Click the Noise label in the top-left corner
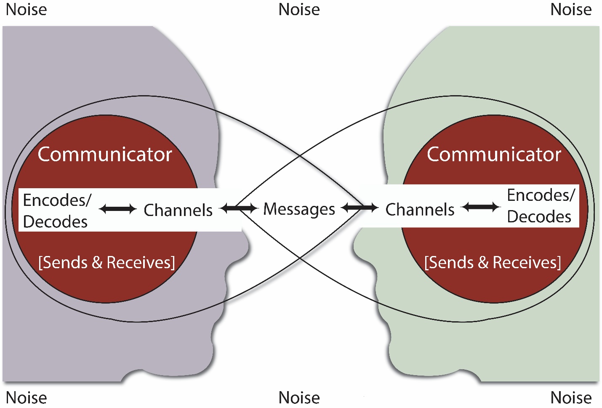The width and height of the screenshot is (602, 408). click(26, 9)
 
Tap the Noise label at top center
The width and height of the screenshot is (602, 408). click(299, 9)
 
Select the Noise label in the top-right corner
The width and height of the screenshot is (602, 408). click(571, 9)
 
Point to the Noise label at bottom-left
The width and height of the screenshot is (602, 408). click(26, 397)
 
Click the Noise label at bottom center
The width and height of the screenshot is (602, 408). click(299, 397)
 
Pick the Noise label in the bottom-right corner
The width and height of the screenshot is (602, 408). click(571, 397)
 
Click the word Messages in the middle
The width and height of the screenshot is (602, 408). click(299, 209)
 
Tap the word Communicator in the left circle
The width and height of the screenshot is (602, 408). click(105, 155)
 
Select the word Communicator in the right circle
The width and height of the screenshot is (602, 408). click(494, 155)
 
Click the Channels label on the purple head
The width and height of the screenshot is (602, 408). click(178, 210)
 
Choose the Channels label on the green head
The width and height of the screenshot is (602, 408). click(420, 210)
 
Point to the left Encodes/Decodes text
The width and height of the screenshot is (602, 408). click(56, 211)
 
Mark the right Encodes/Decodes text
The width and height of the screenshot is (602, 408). click(540, 206)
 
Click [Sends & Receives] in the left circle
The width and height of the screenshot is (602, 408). click(107, 262)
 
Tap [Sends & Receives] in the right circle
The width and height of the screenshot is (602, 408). click(493, 262)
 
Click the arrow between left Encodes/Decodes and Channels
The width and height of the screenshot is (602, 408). click(118, 208)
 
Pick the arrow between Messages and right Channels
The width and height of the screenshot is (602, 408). click(360, 208)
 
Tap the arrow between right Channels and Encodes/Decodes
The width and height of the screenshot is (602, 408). click(481, 207)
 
